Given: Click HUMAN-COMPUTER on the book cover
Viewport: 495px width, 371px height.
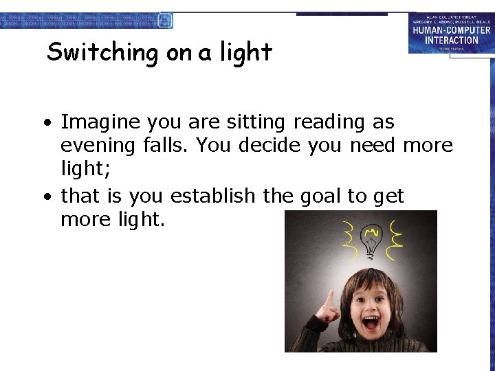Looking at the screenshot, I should tap(451, 30).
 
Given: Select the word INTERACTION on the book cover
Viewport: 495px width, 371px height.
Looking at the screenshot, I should tap(451, 40).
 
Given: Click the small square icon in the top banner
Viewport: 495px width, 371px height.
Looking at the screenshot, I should tap(165, 21).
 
